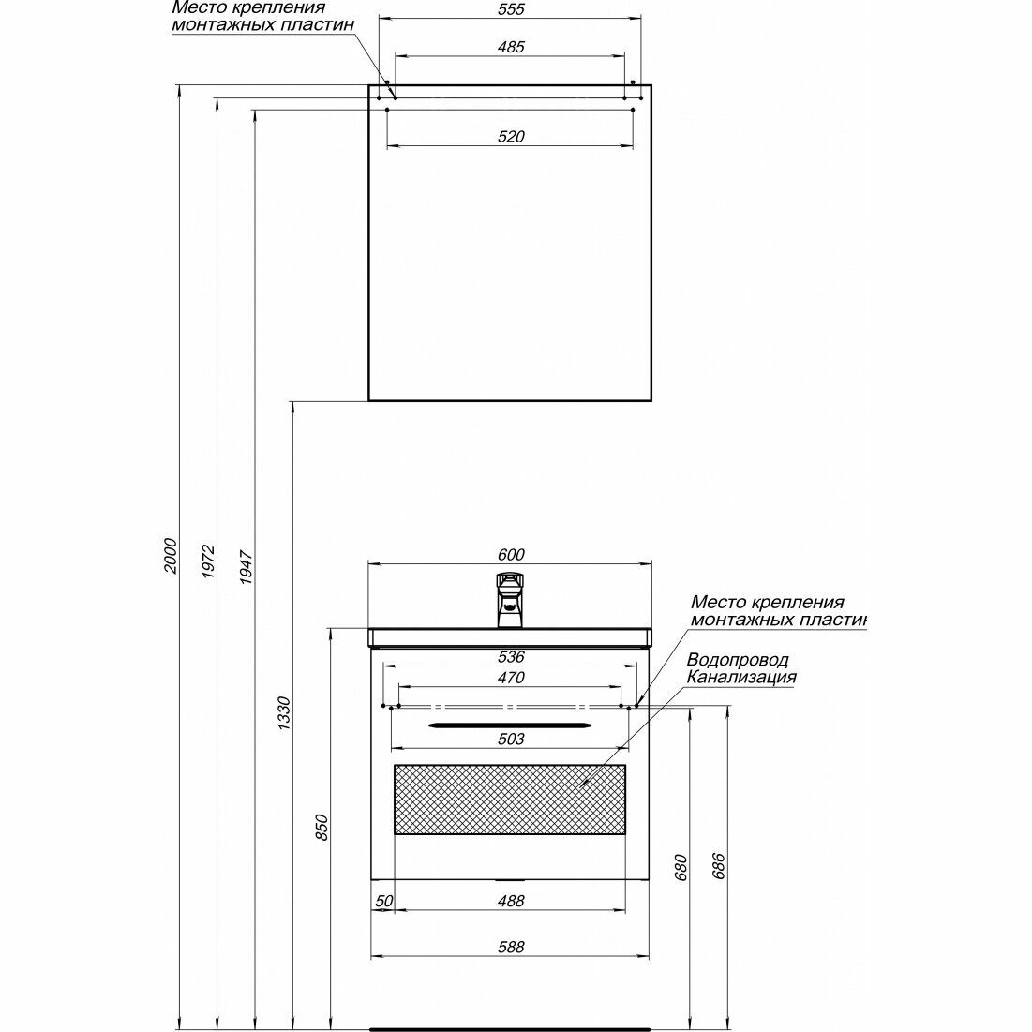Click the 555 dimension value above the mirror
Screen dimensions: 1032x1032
(x=511, y=10)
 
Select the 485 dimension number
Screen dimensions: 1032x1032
(x=511, y=47)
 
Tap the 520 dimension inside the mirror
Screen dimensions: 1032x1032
(x=511, y=137)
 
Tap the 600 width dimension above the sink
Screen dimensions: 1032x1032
(x=511, y=555)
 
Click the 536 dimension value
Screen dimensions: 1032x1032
(x=511, y=657)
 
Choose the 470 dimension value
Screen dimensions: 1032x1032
(x=511, y=678)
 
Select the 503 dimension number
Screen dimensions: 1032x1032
(x=511, y=740)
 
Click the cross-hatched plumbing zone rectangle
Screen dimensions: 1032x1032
(x=510, y=799)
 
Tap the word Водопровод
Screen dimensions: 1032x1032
(x=737, y=661)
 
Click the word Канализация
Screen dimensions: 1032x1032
(x=740, y=678)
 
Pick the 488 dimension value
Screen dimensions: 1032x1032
(x=511, y=902)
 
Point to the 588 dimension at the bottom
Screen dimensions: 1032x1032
(x=511, y=948)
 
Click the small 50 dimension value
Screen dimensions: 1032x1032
(x=382, y=902)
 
